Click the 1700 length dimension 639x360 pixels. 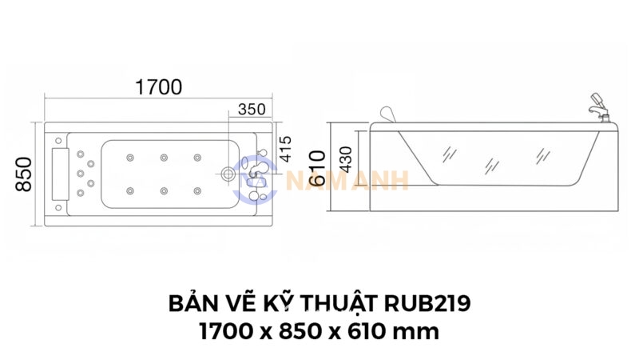click(x=158, y=87)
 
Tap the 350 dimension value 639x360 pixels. click(x=251, y=110)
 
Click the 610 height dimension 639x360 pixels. click(x=317, y=167)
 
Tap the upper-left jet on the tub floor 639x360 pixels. click(x=128, y=157)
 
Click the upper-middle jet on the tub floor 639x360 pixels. click(x=163, y=157)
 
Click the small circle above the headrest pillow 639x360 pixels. click(x=58, y=142)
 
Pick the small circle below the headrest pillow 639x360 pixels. click(x=58, y=205)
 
